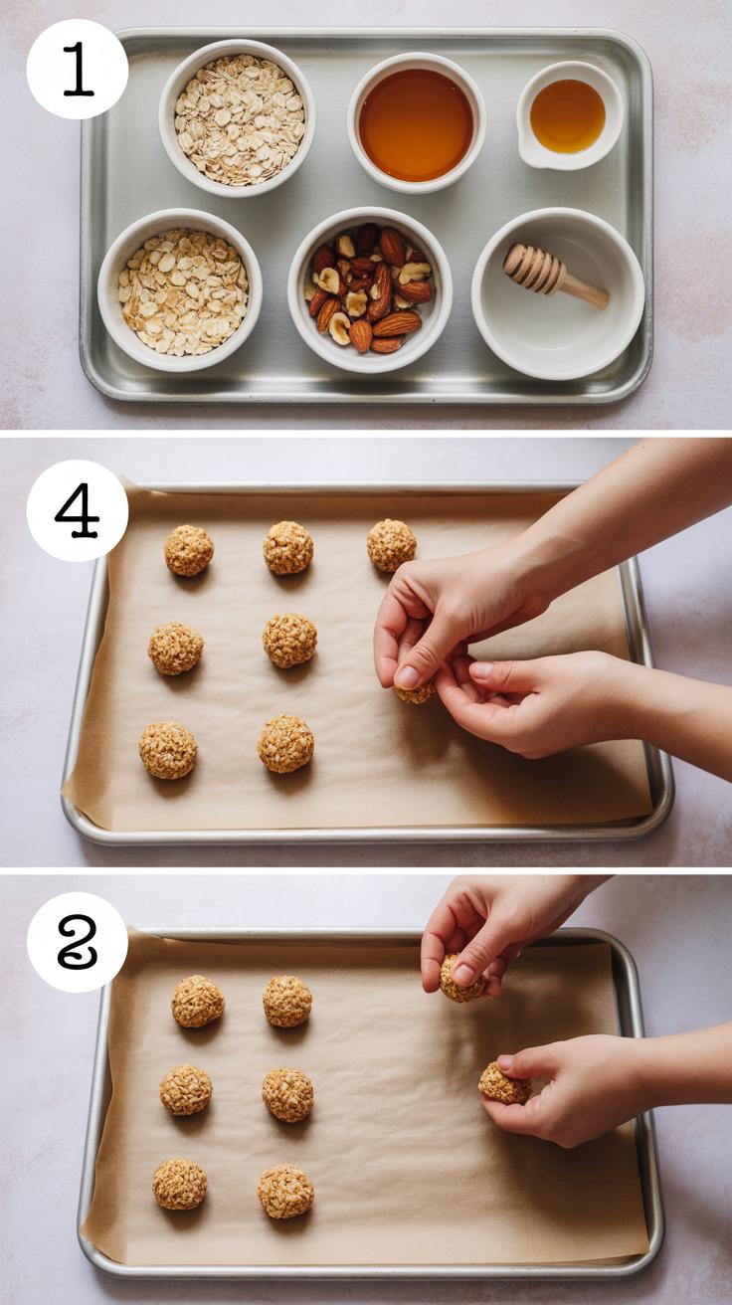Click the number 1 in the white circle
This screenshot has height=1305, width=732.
click(x=78, y=70)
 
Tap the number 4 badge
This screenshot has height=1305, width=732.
click(x=77, y=510)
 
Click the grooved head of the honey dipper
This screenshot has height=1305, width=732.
click(x=534, y=269)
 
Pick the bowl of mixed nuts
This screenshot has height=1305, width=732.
click(x=370, y=290)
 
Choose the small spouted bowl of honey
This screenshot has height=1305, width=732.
click(x=569, y=115)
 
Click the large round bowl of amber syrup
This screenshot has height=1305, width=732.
click(x=417, y=123)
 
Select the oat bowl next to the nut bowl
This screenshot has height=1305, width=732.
click(x=180, y=290)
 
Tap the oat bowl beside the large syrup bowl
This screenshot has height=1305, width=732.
click(x=238, y=118)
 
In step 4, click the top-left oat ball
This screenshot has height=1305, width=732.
click(x=189, y=551)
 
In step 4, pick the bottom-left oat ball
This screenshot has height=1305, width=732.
click(x=168, y=750)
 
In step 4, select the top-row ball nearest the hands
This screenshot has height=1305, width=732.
click(x=391, y=545)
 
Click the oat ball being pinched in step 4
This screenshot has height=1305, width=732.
click(x=415, y=691)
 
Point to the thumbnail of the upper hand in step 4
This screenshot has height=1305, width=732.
click(x=407, y=677)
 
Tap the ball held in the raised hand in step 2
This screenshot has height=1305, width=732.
click(x=461, y=979)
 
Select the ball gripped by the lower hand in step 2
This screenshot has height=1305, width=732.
click(x=504, y=1083)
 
